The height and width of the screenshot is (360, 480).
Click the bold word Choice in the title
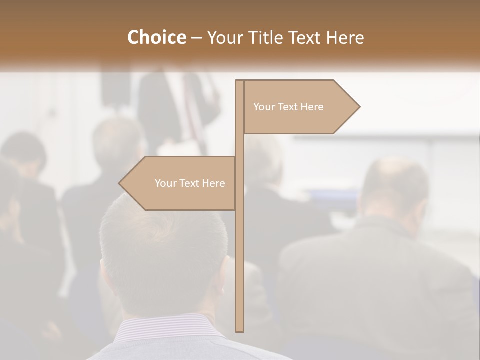coord(156,37)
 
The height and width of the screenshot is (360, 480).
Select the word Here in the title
coord(345,37)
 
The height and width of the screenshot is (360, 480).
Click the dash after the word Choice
coord(196,38)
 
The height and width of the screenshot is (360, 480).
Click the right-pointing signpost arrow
coord(300,107)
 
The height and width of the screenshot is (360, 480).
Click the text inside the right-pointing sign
coord(288,107)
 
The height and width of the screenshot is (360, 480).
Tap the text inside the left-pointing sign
coord(190,183)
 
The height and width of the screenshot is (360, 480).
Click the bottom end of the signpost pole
coord(239,329)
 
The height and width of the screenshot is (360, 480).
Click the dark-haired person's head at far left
coord(22,150)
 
